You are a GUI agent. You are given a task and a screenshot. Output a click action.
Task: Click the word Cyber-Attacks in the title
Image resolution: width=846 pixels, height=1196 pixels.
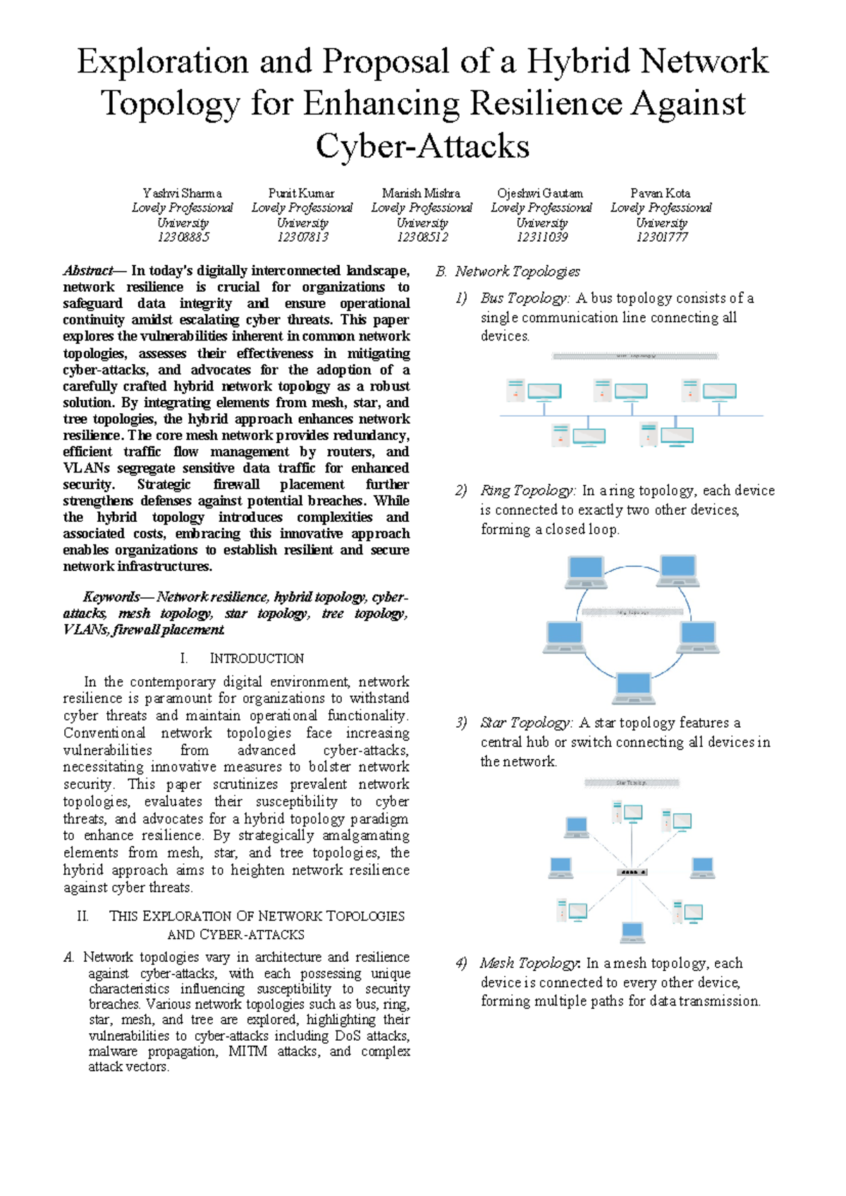[x=422, y=147]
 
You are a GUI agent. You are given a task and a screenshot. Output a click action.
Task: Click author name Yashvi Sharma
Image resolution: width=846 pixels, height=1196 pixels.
[x=182, y=193]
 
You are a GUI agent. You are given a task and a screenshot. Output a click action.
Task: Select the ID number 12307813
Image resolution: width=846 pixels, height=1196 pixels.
[x=302, y=238]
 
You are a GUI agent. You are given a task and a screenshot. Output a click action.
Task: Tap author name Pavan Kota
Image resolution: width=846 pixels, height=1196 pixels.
[x=661, y=193]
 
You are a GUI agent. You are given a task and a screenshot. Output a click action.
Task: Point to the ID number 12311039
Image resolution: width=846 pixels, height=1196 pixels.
[x=541, y=238]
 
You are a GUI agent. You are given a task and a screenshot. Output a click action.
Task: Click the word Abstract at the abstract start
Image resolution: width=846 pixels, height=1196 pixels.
[x=88, y=271]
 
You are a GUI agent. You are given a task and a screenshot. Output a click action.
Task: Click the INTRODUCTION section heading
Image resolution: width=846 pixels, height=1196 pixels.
[x=257, y=659]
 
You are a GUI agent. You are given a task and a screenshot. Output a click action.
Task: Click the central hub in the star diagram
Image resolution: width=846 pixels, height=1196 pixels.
[x=632, y=872]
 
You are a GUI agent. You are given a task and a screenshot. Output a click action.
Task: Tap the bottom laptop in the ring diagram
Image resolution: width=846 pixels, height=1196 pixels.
[x=633, y=688]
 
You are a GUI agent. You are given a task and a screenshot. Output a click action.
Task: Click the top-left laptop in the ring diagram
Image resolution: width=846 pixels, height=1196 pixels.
[x=586, y=571]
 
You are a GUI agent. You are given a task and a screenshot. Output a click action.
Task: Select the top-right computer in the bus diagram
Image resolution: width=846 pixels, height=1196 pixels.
[x=709, y=393]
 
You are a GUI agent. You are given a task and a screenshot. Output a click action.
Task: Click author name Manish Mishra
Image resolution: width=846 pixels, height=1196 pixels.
[x=421, y=193]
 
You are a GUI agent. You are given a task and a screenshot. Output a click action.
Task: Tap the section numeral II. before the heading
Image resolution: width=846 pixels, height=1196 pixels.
[x=82, y=916]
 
